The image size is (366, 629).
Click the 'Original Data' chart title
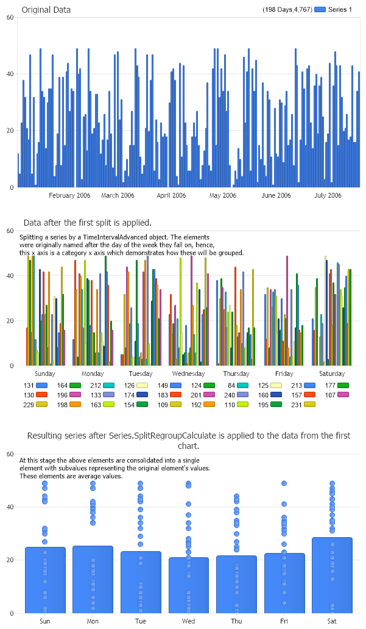[x=46, y=10]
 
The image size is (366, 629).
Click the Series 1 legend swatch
[x=320, y=10]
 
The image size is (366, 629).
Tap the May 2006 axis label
[x=222, y=195]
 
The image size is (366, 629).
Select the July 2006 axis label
[x=328, y=195]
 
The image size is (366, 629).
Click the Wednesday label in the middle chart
[x=188, y=374]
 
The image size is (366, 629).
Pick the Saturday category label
[x=332, y=374]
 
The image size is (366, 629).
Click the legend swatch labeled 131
[x=42, y=386]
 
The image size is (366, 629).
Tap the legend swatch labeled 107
[x=343, y=395]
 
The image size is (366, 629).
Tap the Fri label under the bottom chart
[x=284, y=621]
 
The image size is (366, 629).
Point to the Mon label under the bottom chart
[x=93, y=621]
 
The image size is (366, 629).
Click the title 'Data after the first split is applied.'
[x=87, y=222]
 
